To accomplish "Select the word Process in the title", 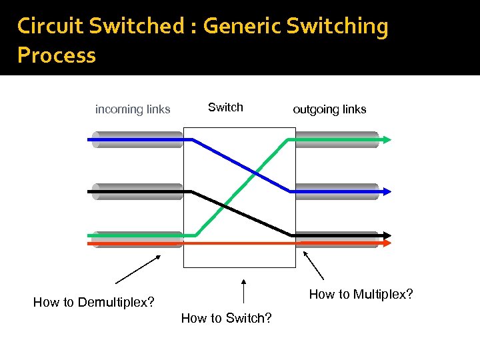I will coord(57,55).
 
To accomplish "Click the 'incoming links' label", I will coord(133,109).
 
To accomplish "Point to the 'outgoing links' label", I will coord(329,109).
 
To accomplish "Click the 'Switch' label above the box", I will coord(225,107).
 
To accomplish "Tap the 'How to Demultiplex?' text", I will coord(93,303).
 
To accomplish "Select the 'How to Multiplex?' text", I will coord(361,294).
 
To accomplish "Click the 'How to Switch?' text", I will coord(226,318).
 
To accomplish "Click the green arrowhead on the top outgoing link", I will coord(387,139).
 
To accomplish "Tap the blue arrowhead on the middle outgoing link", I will coord(387,191).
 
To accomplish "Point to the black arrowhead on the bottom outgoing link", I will coord(387,235).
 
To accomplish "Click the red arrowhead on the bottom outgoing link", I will coord(387,243).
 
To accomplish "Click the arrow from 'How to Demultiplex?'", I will coord(138,269).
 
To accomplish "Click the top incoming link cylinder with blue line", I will coord(137,139).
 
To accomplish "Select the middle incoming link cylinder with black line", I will coord(137,191).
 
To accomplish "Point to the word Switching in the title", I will coord(337,26).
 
